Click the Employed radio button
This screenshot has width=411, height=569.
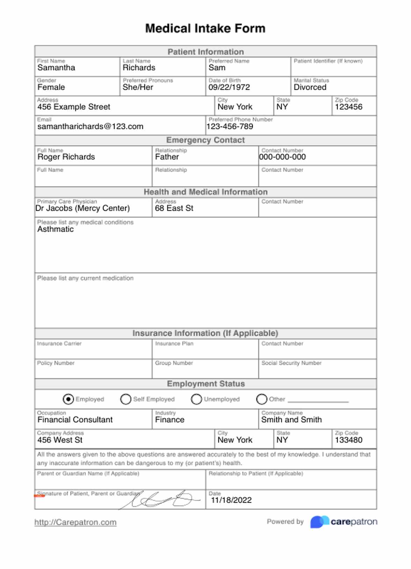(68, 399)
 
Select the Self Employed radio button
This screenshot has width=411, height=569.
(125, 399)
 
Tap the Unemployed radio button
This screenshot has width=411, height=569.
(196, 399)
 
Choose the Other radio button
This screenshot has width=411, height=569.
(261, 399)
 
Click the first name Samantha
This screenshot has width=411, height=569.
(56, 68)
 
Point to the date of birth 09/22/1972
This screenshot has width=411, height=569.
(229, 87)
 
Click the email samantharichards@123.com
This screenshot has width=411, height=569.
(90, 126)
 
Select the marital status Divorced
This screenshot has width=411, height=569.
(310, 87)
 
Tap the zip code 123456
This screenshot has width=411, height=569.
(348, 107)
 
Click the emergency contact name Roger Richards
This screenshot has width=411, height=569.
(66, 157)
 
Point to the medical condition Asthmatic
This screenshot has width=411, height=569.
(56, 229)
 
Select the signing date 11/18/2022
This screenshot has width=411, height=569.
(231, 500)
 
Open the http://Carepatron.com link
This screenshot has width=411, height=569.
(75, 522)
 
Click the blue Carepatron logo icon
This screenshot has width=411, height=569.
(319, 522)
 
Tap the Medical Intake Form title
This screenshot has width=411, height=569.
(206, 28)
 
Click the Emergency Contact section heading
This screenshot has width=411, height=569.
(206, 140)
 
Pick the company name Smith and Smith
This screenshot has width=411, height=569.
(291, 420)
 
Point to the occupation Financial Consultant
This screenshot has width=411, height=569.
(75, 420)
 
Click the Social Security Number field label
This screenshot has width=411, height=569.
(291, 363)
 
